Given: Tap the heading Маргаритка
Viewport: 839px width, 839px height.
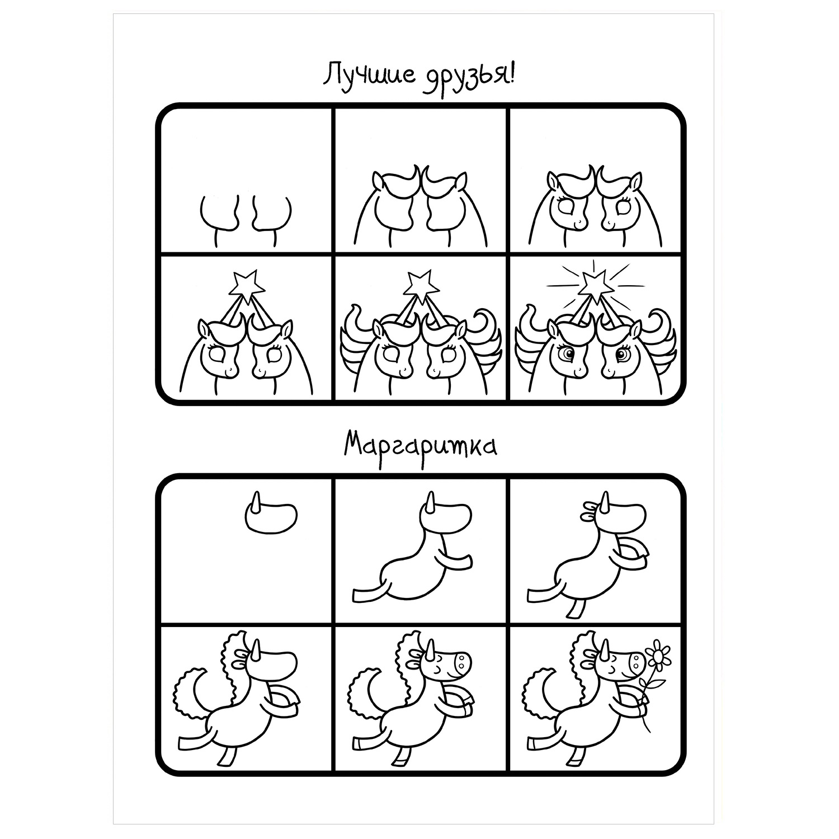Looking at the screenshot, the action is tap(420, 447).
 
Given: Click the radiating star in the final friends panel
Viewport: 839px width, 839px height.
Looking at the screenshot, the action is tap(593, 283).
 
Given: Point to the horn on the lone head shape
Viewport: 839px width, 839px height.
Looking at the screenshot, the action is tap(257, 502).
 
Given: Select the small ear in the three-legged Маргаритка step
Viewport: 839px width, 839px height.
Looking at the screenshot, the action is tap(590, 507).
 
